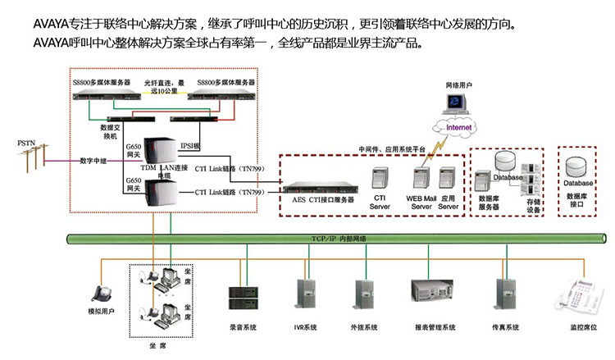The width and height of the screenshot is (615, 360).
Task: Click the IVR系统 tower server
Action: pos(304,294)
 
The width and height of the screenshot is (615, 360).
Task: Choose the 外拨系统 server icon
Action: pos(365,294)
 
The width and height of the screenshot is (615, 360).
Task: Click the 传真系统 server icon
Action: pos(505,294)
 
